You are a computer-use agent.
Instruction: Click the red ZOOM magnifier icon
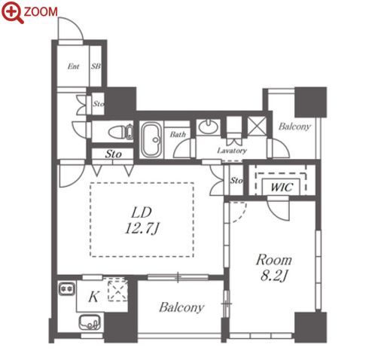coord(13,12)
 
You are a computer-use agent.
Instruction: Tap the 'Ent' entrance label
coord(73,66)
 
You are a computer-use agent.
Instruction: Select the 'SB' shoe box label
coord(96,66)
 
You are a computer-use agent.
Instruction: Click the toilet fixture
coord(120,132)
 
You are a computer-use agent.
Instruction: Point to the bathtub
coord(151,140)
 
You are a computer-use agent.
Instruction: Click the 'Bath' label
coord(178,135)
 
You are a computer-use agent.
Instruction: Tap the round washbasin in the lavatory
coord(208,127)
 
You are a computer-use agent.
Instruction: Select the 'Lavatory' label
coord(232,151)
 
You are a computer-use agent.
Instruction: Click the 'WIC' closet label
coord(282,188)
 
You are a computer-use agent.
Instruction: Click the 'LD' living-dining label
coord(142,212)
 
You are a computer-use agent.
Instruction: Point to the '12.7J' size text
coord(142,229)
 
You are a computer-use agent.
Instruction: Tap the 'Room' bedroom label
coord(274,260)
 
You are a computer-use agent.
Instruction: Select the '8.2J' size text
coord(274,276)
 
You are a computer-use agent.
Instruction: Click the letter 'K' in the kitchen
coord(93,297)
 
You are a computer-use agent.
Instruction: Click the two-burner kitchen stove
coord(67,288)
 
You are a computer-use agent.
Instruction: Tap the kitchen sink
coord(90,322)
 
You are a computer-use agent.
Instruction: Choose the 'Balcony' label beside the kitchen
coord(181,307)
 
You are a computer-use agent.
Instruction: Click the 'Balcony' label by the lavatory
coord(294,127)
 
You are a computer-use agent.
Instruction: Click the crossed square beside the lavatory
coord(257,127)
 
